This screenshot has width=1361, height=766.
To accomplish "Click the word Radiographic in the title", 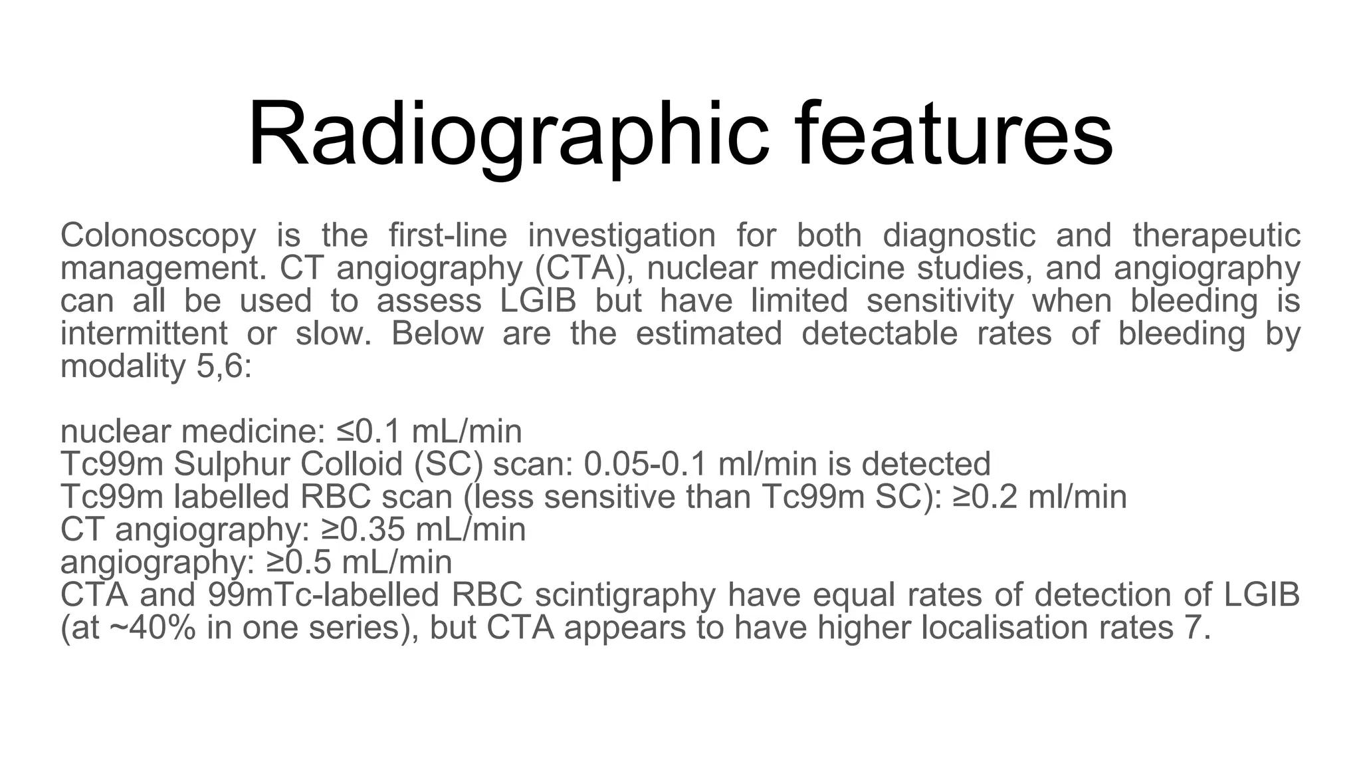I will pyautogui.click(x=507, y=135).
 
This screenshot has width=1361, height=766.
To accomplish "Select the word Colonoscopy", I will pyautogui.click(x=158, y=236).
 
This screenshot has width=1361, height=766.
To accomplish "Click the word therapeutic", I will pyautogui.click(x=1216, y=236).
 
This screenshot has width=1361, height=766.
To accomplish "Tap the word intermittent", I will pyautogui.click(x=144, y=333).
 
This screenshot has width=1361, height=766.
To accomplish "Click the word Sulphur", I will pyautogui.click(x=233, y=464).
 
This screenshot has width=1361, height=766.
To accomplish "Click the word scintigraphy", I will pyautogui.click(x=625, y=595).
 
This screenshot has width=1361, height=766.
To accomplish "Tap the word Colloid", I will pyautogui.click(x=352, y=464).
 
